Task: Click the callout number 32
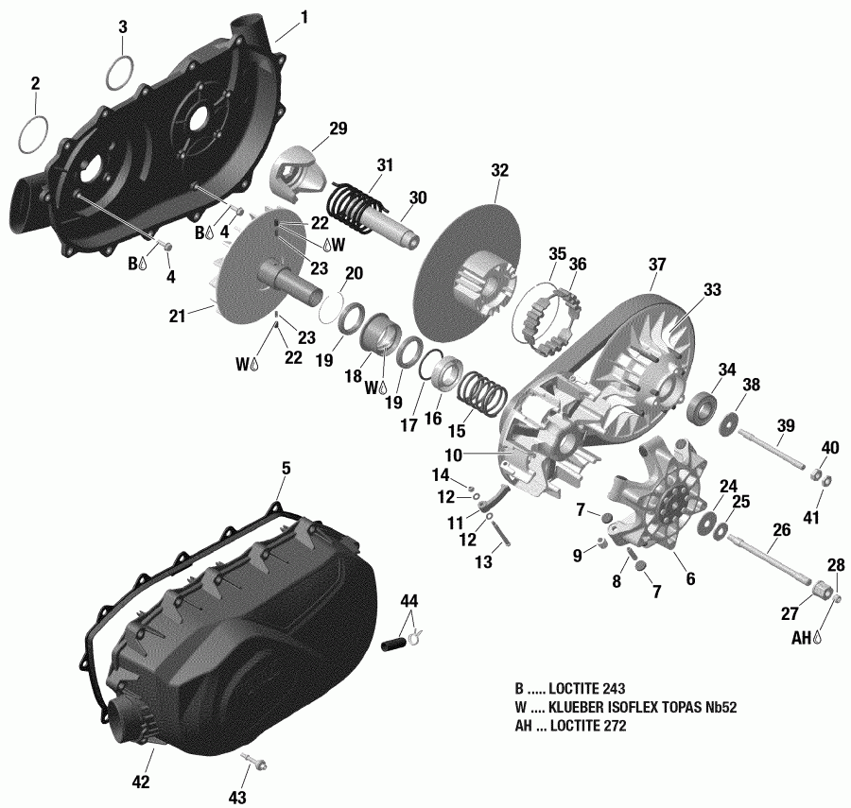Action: pos(499,171)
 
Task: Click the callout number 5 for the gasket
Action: pos(286,468)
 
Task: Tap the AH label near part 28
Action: pos(800,639)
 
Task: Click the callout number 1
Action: pos(304,16)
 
